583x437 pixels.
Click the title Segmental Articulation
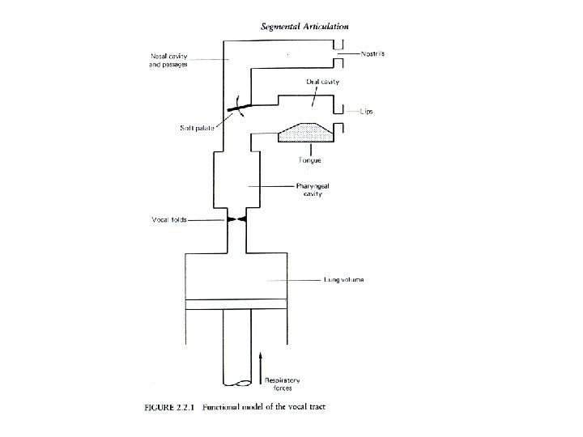(x=304, y=26)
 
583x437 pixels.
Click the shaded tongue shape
(x=301, y=133)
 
